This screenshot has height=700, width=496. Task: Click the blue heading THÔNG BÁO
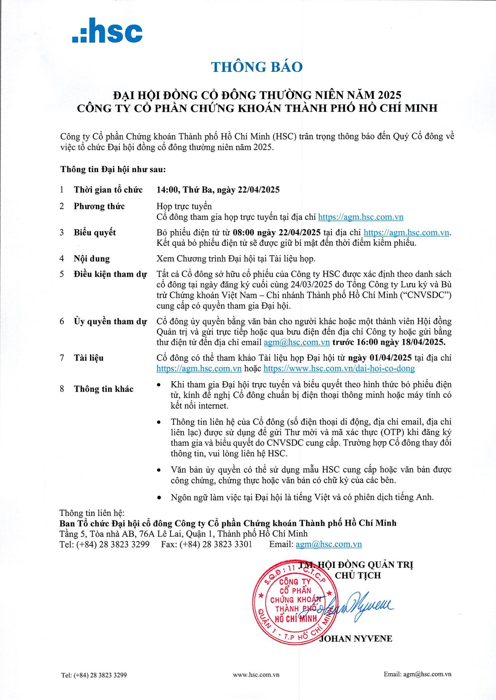pyautogui.click(x=257, y=67)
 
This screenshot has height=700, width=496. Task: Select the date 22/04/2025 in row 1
pyautogui.click(x=258, y=190)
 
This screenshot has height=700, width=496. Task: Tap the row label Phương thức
pyautogui.click(x=99, y=206)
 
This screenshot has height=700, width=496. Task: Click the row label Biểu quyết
pyautogui.click(x=95, y=232)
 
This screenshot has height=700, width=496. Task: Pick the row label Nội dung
pyautogui.click(x=92, y=259)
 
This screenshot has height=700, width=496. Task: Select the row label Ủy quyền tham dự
pyautogui.click(x=110, y=321)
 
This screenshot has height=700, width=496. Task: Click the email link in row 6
pyautogui.click(x=296, y=342)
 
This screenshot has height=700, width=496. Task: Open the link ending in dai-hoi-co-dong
pyautogui.click(x=339, y=368)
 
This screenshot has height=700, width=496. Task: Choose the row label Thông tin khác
pyautogui.click(x=103, y=389)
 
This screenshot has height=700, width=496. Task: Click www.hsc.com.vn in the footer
pyautogui.click(x=256, y=675)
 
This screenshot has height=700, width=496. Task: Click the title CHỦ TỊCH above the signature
pyautogui.click(x=358, y=575)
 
